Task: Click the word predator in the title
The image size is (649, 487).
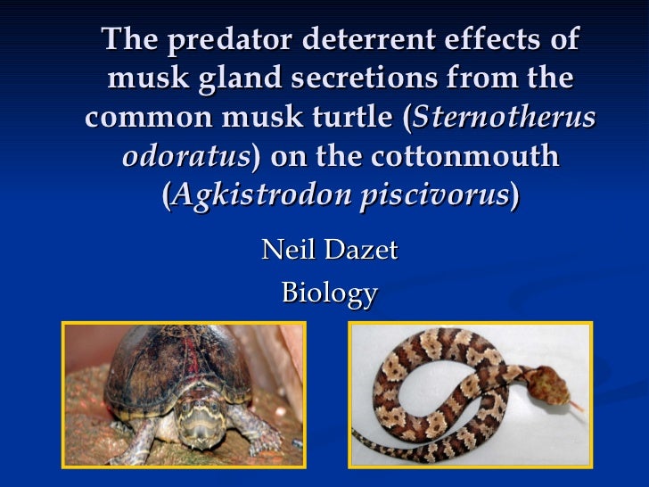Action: (231, 41)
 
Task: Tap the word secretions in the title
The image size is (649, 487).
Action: (401, 80)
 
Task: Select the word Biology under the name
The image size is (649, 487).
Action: (329, 293)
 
